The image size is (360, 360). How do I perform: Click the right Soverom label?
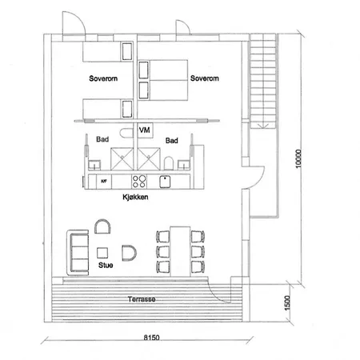[204, 78]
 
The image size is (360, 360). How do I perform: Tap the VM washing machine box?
[145, 130]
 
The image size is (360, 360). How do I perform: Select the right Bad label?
[171, 140]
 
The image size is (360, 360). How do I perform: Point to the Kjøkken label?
[134, 197]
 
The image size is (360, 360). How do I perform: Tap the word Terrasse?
[141, 300]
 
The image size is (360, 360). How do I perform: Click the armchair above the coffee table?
[103, 227]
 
